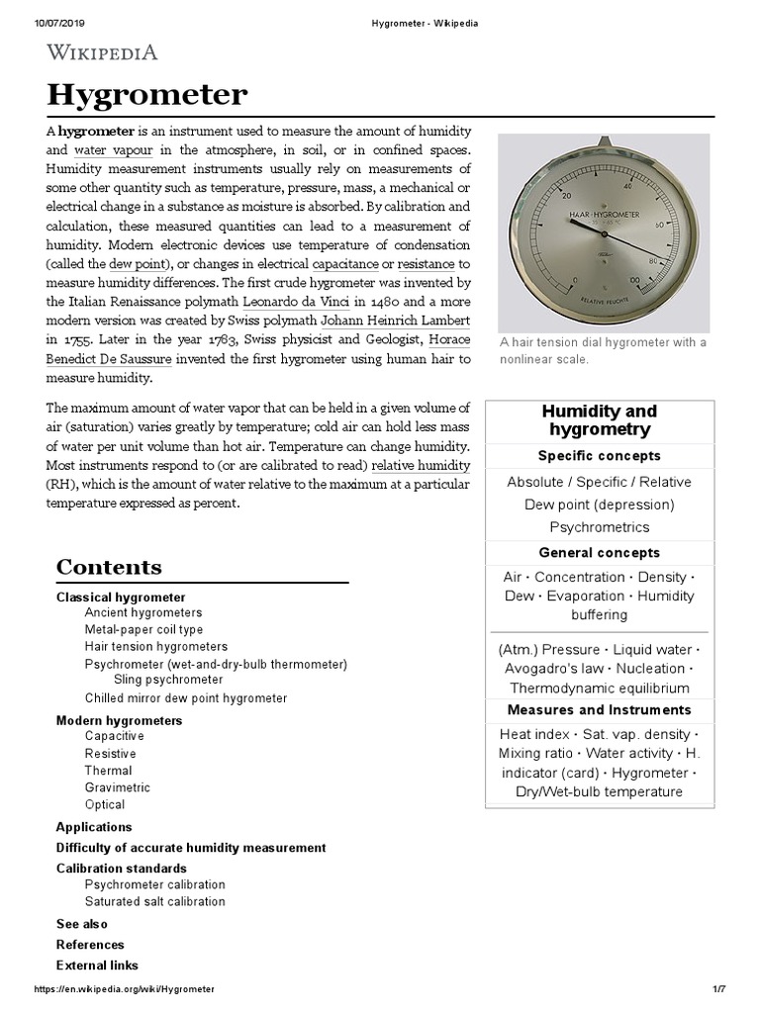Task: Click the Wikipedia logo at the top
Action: click(x=102, y=52)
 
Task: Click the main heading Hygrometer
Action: click(x=147, y=96)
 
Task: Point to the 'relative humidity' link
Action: click(x=421, y=465)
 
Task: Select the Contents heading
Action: click(x=109, y=567)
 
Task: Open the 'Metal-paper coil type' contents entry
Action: click(x=143, y=629)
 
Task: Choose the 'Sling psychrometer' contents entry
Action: click(x=168, y=680)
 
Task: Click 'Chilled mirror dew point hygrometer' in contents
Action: click(x=186, y=697)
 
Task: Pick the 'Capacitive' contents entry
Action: click(x=114, y=736)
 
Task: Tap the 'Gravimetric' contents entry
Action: click(x=118, y=787)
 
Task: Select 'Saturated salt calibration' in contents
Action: click(x=154, y=901)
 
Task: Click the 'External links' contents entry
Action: click(x=97, y=965)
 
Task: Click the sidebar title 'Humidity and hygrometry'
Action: click(x=599, y=419)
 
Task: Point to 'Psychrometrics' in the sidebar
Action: click(x=599, y=526)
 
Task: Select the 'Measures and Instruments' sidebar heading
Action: click(x=599, y=709)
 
